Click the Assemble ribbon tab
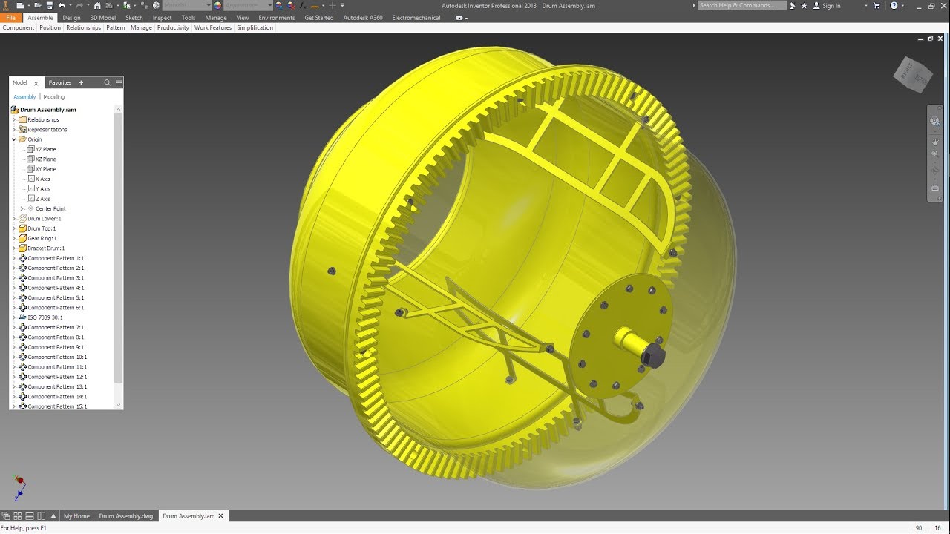tap(40, 18)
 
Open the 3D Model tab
tap(103, 18)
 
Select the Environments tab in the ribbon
tap(277, 18)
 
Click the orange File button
tap(11, 18)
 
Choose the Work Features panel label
tap(213, 27)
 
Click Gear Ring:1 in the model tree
tap(42, 238)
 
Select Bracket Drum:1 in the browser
tap(46, 248)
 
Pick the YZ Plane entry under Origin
tap(45, 149)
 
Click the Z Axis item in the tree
tap(43, 199)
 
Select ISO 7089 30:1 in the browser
tap(45, 317)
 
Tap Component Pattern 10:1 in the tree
tap(57, 357)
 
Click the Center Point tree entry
tap(50, 208)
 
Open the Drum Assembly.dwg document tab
tap(126, 516)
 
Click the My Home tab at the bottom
tap(76, 516)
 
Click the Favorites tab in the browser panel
tap(60, 82)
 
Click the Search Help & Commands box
tap(741, 5)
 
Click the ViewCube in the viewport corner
tap(912, 74)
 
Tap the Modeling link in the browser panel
tap(54, 97)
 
